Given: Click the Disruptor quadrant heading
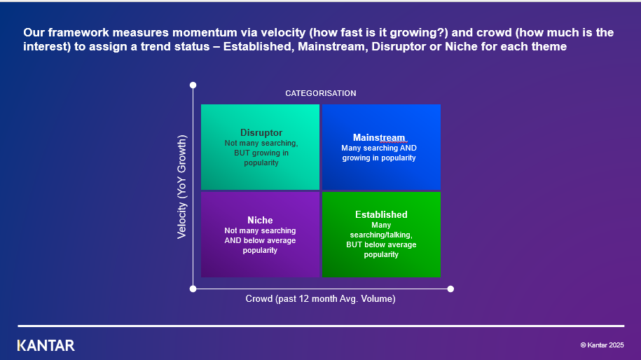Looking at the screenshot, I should (261, 132).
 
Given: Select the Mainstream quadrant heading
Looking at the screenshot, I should (379, 137).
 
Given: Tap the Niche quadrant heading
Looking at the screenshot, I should (260, 220).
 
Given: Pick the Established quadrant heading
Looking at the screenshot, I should (381, 214).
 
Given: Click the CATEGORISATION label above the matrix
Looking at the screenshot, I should (320, 93).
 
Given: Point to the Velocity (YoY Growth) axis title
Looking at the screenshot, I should (182, 187).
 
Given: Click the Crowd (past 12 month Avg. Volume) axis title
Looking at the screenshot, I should (320, 299).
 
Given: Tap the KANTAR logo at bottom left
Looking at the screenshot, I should (46, 345).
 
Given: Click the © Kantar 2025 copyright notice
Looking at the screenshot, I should (602, 345).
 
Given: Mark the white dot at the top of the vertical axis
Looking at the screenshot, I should (193, 85).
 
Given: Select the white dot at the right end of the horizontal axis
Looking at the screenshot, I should (450, 289).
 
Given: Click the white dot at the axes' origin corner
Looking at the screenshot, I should (193, 289).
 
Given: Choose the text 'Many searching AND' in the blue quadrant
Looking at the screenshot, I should (379, 148).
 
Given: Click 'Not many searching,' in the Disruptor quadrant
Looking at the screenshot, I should (261, 143).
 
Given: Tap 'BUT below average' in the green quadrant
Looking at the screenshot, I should (381, 245).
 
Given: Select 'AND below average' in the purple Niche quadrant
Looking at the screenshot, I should (260, 240).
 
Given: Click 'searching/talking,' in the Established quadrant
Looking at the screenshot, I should (381, 235).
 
